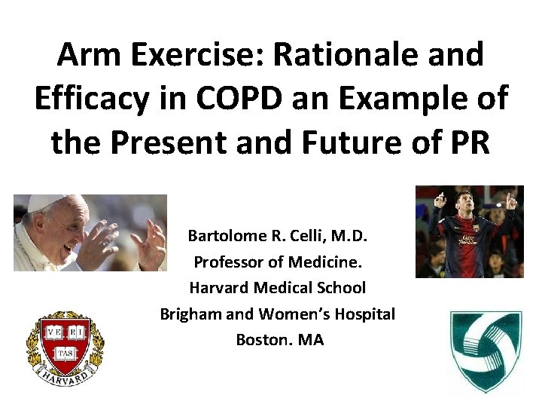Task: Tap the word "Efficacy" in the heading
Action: (x=93, y=99)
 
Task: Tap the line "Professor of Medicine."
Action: (x=279, y=262)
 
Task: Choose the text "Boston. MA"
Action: (x=279, y=339)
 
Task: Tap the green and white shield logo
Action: (x=485, y=350)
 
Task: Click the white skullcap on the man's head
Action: (x=45, y=202)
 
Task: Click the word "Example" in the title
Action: (x=417, y=99)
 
